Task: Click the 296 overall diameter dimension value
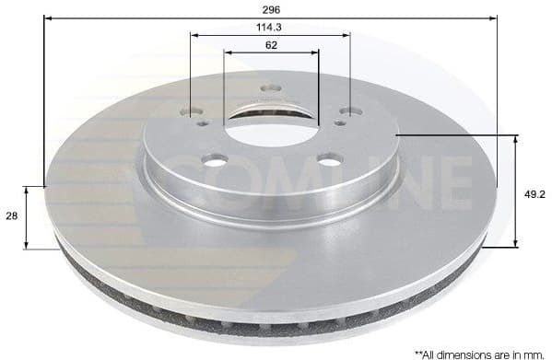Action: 269,9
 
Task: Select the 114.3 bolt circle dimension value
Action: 269,28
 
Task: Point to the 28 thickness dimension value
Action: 11,215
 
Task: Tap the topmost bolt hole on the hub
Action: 269,89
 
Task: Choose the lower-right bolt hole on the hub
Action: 325,162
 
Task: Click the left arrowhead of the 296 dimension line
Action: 48,17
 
